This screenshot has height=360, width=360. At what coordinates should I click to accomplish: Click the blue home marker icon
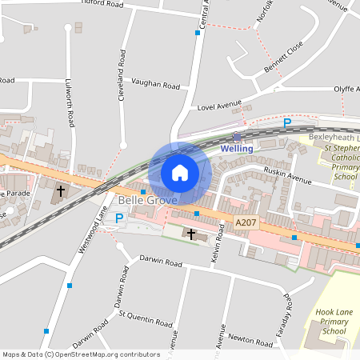click(x=180, y=173)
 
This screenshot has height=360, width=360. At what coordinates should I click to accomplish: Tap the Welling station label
click(x=237, y=149)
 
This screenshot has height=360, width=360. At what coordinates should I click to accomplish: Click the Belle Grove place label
click(x=147, y=200)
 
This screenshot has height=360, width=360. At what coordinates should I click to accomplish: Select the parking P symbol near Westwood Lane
click(x=120, y=218)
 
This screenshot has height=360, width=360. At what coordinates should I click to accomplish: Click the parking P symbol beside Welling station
click(x=287, y=123)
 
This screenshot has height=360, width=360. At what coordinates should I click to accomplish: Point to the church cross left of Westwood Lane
click(x=60, y=192)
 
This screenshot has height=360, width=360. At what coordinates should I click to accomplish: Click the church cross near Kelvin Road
click(x=190, y=234)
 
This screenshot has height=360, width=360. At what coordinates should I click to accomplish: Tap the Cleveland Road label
click(x=122, y=71)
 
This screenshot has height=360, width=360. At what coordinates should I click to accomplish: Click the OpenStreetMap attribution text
click(x=81, y=354)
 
